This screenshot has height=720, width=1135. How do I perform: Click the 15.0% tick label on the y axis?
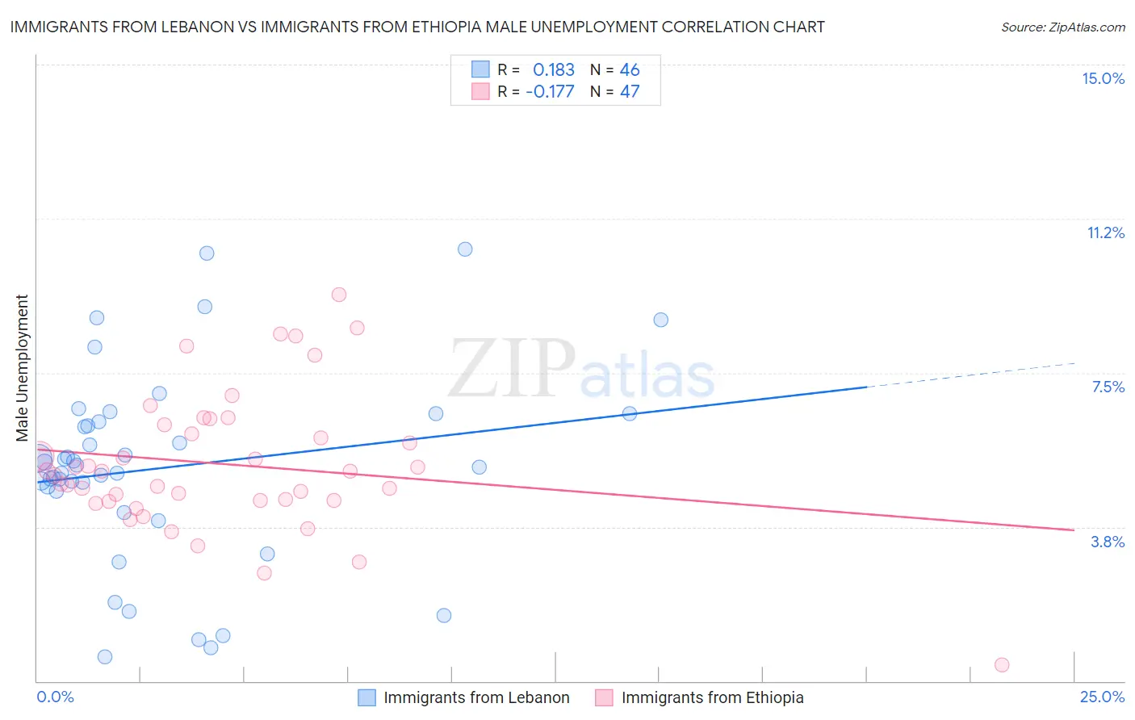[x=1103, y=78]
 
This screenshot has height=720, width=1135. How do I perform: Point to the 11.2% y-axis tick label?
[x=1105, y=232]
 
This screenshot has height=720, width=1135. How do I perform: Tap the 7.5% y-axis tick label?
[x=1108, y=387]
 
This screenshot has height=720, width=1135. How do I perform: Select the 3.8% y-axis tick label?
[x=1108, y=542]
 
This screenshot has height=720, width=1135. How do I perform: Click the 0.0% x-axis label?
[x=55, y=697]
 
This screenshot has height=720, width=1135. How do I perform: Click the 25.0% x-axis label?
[x=1102, y=697]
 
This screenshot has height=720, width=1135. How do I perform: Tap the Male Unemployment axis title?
[x=22, y=367]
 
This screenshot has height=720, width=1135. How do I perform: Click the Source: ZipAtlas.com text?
[x=1062, y=27]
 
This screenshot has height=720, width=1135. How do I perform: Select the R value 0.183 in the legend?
[x=553, y=69]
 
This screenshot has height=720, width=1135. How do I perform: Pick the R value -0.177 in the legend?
[x=550, y=91]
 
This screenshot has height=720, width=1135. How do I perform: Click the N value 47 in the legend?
[x=629, y=91]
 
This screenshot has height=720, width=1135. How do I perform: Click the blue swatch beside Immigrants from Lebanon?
[x=366, y=697]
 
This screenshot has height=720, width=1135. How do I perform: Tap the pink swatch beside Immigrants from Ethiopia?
[x=604, y=697]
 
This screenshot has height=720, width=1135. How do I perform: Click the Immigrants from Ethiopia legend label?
[x=712, y=697]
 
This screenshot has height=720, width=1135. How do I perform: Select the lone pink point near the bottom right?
[x=1002, y=665]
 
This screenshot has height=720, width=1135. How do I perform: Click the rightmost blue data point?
[x=661, y=320]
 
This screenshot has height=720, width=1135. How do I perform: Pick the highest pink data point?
[x=339, y=295]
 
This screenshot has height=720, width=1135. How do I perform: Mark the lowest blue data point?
[x=105, y=657]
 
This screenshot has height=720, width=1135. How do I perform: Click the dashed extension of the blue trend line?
[x=969, y=375]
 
